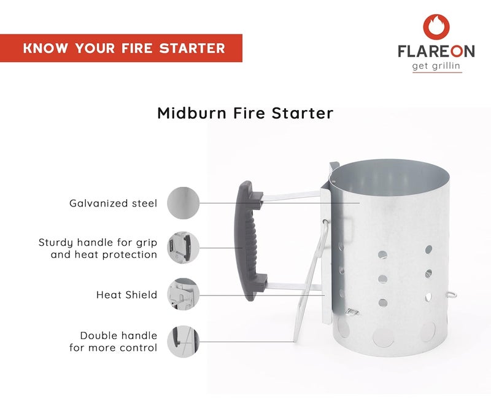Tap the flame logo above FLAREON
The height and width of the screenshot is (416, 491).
[x=436, y=26]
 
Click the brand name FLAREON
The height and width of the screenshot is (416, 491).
[x=437, y=53]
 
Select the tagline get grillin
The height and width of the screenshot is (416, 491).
[x=437, y=67]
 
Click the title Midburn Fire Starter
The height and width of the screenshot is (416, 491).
[x=245, y=113]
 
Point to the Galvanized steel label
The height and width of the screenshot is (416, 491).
[x=114, y=203]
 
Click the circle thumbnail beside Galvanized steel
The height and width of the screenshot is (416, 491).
[x=183, y=202]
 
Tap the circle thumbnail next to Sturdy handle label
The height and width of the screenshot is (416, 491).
[x=183, y=248]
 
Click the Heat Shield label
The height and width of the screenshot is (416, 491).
[x=126, y=295]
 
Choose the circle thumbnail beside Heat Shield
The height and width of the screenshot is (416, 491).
[x=183, y=294]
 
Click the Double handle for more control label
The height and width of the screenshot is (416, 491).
[x=114, y=342]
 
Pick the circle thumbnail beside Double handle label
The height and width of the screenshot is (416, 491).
[x=183, y=341]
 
